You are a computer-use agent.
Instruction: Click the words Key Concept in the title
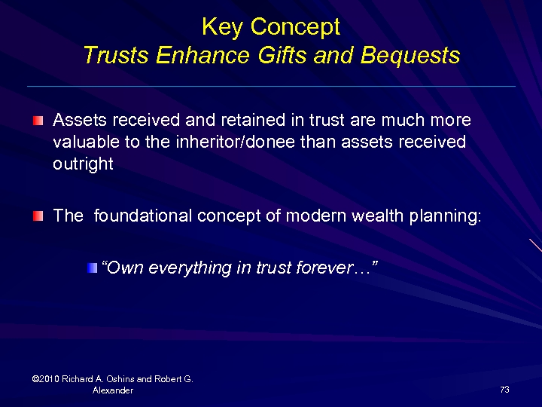pyautogui.click(x=271, y=27)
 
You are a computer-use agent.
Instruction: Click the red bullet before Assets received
pyautogui.click(x=38, y=121)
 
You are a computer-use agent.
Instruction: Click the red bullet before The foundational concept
pyautogui.click(x=38, y=216)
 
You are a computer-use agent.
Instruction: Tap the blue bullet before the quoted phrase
pyautogui.click(x=92, y=268)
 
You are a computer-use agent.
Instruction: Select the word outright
pyautogui.click(x=83, y=164)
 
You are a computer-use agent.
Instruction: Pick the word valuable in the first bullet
pyautogui.click(x=84, y=142)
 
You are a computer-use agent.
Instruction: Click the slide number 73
pyautogui.click(x=504, y=390)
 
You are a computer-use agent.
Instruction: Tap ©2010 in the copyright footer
pyautogui.click(x=46, y=379)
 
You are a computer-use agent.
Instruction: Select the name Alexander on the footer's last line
pyautogui.click(x=113, y=390)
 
